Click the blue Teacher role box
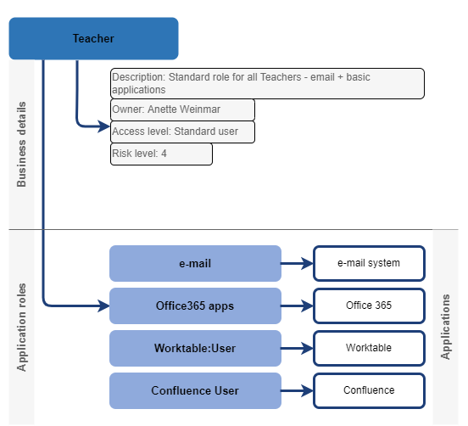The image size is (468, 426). (93, 38)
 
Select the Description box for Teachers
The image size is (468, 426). (267, 83)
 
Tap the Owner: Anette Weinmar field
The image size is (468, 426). (182, 109)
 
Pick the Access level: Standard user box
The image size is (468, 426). (182, 132)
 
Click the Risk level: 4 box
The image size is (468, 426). (161, 154)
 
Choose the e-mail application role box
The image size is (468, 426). (195, 263)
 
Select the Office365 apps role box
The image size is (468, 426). (195, 305)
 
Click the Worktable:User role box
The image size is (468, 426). (195, 348)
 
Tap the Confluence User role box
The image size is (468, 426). (195, 390)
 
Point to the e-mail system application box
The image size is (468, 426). (369, 263)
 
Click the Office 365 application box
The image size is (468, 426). (369, 305)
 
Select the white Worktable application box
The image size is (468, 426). (369, 348)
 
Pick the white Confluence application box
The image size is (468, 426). (369, 390)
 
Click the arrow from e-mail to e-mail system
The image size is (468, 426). (297, 263)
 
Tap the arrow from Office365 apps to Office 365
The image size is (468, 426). (297, 305)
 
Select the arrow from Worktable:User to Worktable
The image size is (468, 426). (297, 348)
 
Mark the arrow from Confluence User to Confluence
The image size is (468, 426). (297, 390)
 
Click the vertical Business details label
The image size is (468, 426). (22, 144)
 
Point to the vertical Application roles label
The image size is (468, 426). (22, 327)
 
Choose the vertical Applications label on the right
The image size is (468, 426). (446, 327)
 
